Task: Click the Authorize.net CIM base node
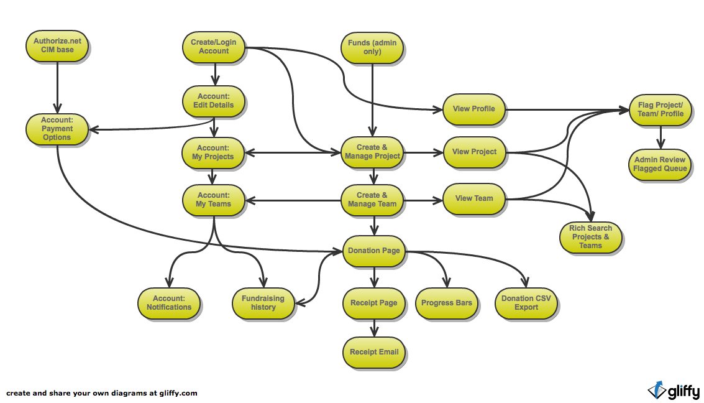tap(57, 45)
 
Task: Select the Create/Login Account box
tap(214, 47)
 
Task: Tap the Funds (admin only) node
tap(372, 47)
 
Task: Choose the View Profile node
tap(474, 109)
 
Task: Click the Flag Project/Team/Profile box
tap(660, 109)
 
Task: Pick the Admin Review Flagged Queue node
tap(660, 164)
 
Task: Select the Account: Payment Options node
tap(57, 129)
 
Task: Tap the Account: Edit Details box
tap(214, 101)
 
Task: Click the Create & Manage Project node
tap(373, 152)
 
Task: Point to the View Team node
tap(474, 198)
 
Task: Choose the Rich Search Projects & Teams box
tap(590, 237)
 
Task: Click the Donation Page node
tap(374, 251)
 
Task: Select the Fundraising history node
tap(263, 303)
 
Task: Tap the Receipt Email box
tap(374, 352)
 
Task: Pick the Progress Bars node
tap(447, 303)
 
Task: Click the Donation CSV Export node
tap(526, 303)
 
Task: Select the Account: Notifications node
tap(169, 303)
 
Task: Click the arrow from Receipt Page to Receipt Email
tap(374, 328)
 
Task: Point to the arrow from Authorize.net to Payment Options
tap(57, 87)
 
